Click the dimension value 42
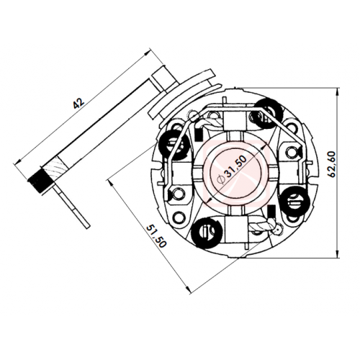pyautogui.click(x=79, y=102)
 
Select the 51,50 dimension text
pyautogui.click(x=156, y=236)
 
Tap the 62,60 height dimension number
pyautogui.click(x=332, y=164)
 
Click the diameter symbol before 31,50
pyautogui.click(x=221, y=179)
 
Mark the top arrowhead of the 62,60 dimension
pyautogui.click(x=338, y=92)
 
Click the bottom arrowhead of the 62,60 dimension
pyautogui.click(x=338, y=253)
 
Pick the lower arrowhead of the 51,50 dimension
pyautogui.click(x=189, y=289)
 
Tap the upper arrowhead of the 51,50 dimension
pyautogui.click(x=111, y=184)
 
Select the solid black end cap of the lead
pyautogui.click(x=37, y=181)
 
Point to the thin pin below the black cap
pyautogui.click(x=73, y=204)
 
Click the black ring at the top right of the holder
pyautogui.click(x=268, y=112)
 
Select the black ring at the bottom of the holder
pyautogui.click(x=207, y=232)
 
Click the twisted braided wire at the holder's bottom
pyautogui.click(x=261, y=225)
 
